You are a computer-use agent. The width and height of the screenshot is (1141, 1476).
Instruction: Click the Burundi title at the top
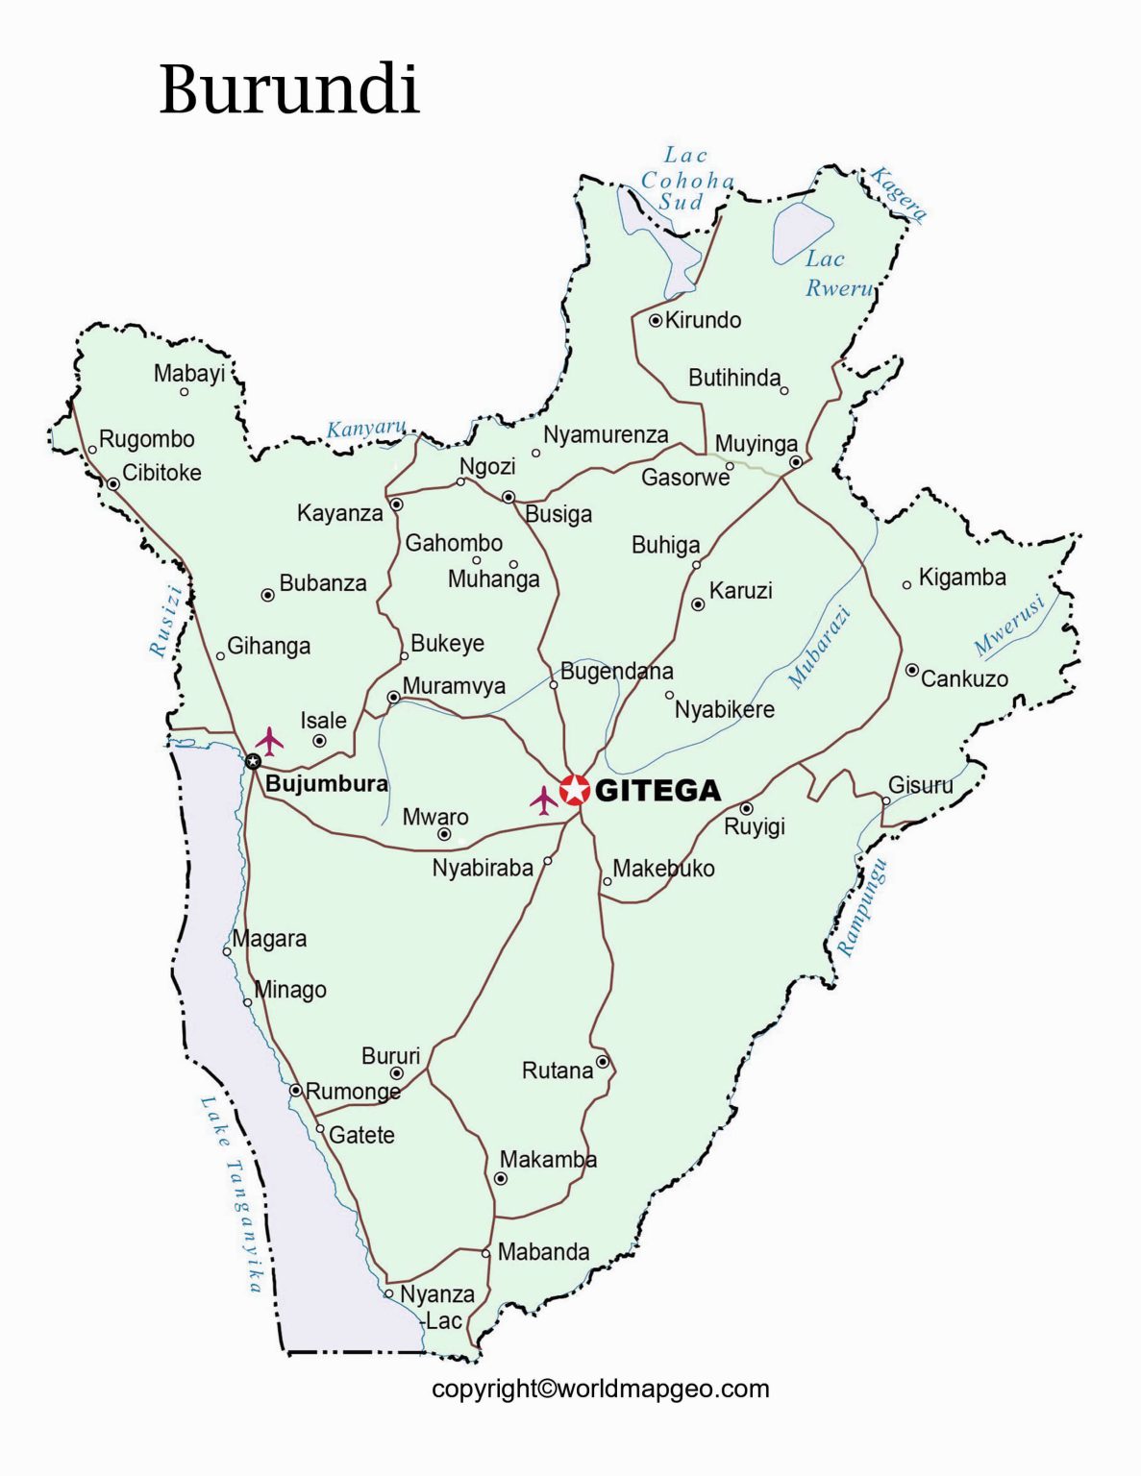(x=288, y=89)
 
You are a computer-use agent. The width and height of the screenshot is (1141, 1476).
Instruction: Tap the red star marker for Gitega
(x=575, y=790)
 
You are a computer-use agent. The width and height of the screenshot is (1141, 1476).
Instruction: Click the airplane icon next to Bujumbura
(x=270, y=741)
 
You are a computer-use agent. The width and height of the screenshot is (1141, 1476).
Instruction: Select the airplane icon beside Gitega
(x=544, y=799)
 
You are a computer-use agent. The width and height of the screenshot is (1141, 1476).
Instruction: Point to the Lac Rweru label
(x=837, y=273)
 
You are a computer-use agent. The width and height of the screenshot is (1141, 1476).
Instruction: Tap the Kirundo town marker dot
(x=656, y=321)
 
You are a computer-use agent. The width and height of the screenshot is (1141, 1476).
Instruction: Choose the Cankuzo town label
(x=964, y=679)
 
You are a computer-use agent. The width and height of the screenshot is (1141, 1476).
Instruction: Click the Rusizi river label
(x=165, y=620)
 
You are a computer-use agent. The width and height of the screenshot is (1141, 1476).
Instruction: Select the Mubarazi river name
(x=820, y=646)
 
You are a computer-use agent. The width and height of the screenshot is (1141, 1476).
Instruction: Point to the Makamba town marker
(x=501, y=1178)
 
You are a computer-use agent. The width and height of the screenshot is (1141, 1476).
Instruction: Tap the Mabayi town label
(x=189, y=374)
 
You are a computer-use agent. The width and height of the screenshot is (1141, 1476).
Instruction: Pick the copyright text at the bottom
(x=600, y=1389)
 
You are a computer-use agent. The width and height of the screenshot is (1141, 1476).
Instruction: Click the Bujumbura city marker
(x=253, y=762)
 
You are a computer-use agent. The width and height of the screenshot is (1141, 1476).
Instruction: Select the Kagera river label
(x=899, y=194)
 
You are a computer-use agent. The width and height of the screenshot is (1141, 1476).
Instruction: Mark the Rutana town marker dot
(x=603, y=1062)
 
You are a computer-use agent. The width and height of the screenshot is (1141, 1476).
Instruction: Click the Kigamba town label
(x=962, y=578)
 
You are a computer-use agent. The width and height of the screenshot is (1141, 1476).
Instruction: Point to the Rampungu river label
(x=862, y=907)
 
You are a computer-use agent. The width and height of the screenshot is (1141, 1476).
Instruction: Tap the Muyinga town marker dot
(x=796, y=462)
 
